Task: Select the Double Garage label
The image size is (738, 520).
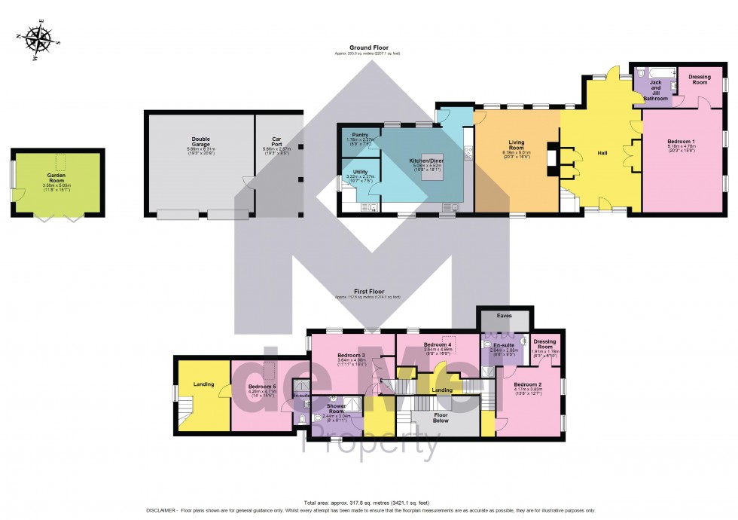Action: tap(200, 142)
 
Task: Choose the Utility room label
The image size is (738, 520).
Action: tap(360, 172)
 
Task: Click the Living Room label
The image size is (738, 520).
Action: tap(517, 145)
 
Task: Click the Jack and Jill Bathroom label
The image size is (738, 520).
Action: tap(655, 90)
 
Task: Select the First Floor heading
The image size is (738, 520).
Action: tap(368, 291)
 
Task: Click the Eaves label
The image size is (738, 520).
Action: tap(505, 316)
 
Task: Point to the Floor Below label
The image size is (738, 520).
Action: tap(441, 417)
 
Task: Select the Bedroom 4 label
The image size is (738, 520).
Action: tap(437, 344)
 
